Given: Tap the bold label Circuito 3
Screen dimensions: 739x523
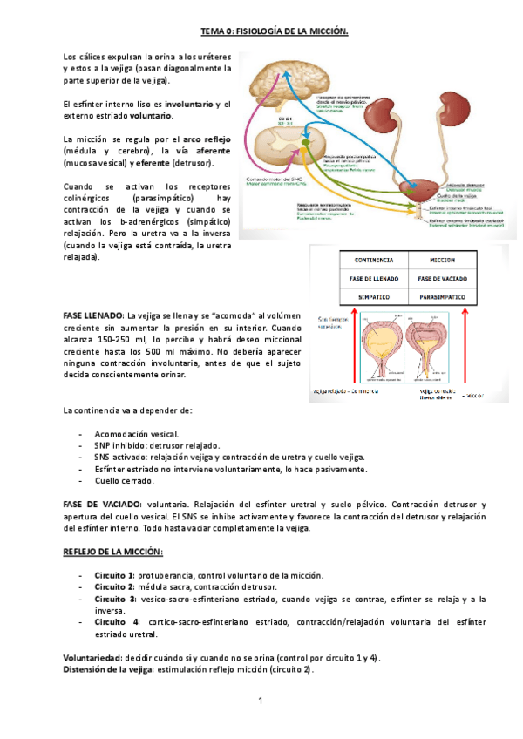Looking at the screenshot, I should [x=114, y=600].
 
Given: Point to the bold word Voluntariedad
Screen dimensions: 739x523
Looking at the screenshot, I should [x=92, y=656].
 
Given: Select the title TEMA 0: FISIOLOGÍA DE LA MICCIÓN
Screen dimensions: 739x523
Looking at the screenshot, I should [x=275, y=32].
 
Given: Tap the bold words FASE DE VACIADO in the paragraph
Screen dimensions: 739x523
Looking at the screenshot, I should [x=102, y=505].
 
